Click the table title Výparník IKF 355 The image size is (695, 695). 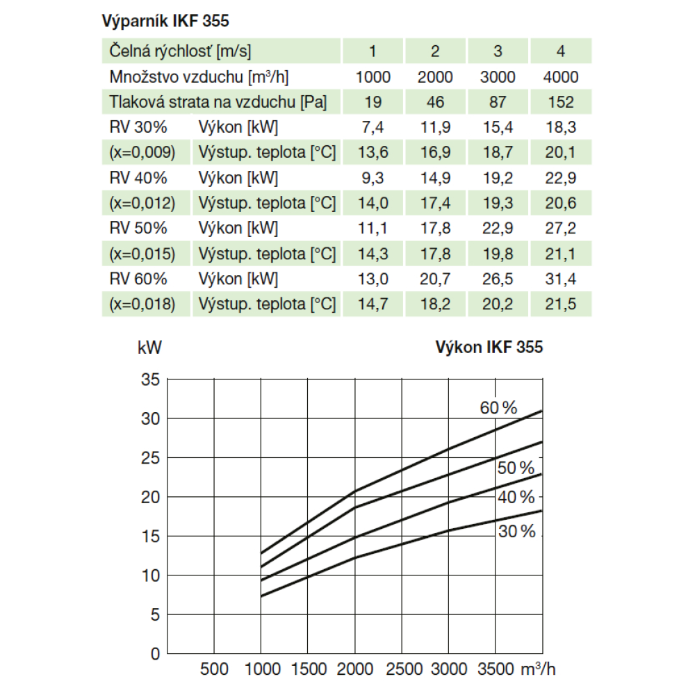coord(165,21)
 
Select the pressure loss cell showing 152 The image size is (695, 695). coord(560,102)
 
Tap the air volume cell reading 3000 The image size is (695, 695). coord(498,76)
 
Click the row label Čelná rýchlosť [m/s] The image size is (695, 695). coord(180,51)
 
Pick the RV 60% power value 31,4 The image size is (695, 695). coord(560,279)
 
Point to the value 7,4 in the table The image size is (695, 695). coord(373,127)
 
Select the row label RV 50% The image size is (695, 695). coord(138,228)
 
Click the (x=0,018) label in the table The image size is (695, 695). coord(142,304)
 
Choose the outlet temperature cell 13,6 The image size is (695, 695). coord(373,152)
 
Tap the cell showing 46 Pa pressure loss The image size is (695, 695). coord(435,102)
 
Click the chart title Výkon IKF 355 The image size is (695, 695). coord(489,347)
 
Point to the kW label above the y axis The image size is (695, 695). coord(149,347)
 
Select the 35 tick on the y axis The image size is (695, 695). coord(151,379)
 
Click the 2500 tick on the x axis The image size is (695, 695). coord(404,669)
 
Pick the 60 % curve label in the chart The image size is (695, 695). coord(498,408)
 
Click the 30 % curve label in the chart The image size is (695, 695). coord(517,532)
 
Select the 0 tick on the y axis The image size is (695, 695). coord(155,654)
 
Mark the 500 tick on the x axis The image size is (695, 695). coord(214,669)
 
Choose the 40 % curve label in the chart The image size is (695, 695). coord(516,497)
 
